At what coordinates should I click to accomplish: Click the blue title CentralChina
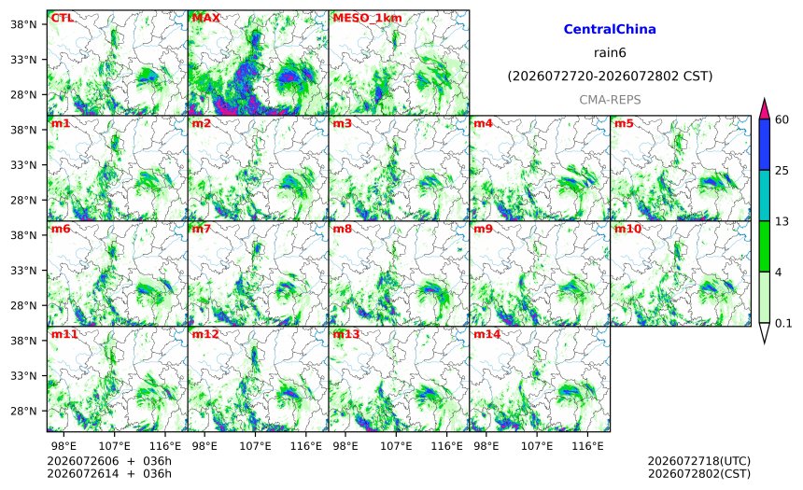[610, 29]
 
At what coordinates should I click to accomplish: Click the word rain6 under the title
[610, 53]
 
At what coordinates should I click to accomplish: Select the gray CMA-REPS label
[610, 100]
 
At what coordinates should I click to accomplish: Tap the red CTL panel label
[62, 18]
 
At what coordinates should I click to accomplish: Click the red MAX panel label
[205, 18]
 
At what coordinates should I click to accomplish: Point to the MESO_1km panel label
[367, 19]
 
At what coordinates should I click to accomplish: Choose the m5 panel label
[624, 123]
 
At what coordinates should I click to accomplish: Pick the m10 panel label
[627, 229]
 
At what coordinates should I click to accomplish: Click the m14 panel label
[486, 334]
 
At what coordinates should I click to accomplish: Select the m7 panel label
[202, 229]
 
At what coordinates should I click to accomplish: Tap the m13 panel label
[346, 334]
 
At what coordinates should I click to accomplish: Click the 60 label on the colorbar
[782, 119]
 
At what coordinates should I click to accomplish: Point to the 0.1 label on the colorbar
[783, 323]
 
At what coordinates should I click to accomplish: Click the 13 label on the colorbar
[782, 222]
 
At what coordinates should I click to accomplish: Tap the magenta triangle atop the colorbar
[764, 108]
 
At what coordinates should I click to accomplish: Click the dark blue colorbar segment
[764, 145]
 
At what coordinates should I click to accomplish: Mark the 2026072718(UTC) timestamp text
[699, 461]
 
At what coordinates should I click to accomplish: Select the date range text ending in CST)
[610, 77]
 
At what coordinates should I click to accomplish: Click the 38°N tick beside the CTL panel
[23, 24]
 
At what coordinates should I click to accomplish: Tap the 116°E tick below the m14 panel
[587, 446]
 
